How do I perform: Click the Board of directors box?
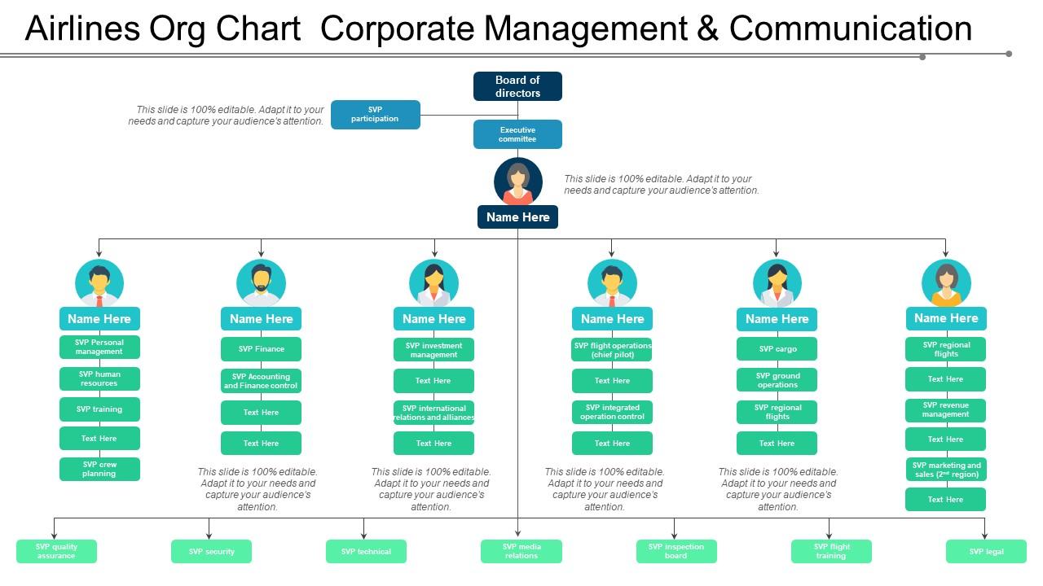[x=517, y=86]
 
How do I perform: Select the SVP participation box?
[x=375, y=115]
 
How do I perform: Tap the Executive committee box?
[x=517, y=134]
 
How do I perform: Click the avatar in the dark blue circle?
[x=517, y=181]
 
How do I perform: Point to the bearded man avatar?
[x=261, y=282]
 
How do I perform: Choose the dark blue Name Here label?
[x=517, y=217]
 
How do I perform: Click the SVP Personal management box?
[x=99, y=348]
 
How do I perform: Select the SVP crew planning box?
[x=99, y=470]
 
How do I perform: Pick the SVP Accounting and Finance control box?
[x=261, y=381]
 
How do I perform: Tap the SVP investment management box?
[x=433, y=350]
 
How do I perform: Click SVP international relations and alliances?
[x=433, y=413]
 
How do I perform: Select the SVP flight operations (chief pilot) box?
[x=612, y=350]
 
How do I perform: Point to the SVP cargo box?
[x=777, y=349]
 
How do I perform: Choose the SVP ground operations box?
[x=777, y=380]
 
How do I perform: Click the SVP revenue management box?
[x=945, y=410]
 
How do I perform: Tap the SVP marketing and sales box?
[x=945, y=470]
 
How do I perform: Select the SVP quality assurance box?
[x=56, y=552]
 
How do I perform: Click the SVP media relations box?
[x=521, y=552]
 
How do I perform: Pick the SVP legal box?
[x=986, y=552]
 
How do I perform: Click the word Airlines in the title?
[x=81, y=29]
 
